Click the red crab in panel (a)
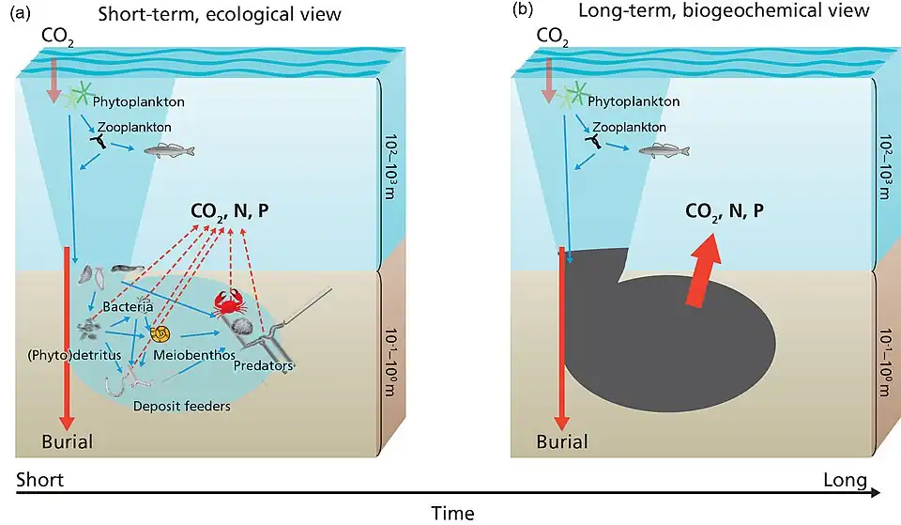point(227,302)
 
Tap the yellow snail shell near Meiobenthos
point(160,333)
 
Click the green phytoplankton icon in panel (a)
point(77,96)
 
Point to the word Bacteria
point(129,307)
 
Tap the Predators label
point(266,364)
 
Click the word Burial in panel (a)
point(67,441)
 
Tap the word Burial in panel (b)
point(561,441)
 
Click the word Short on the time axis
point(39,481)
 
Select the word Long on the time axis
point(845,481)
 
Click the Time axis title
point(452,513)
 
